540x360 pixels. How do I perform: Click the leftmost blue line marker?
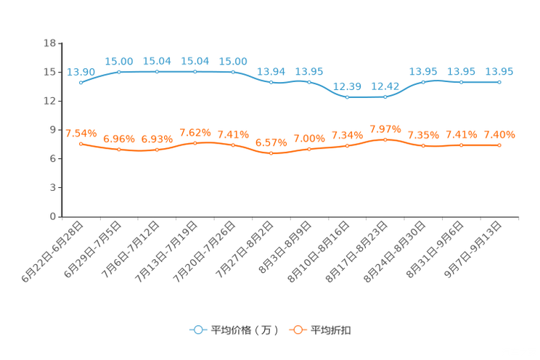(x=81, y=82)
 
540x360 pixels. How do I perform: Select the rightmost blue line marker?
(x=499, y=82)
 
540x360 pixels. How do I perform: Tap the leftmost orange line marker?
(x=81, y=144)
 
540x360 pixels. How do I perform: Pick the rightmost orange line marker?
(x=499, y=145)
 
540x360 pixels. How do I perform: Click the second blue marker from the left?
(x=119, y=71)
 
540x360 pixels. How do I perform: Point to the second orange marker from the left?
(x=119, y=150)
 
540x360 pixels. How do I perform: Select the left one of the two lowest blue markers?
(x=348, y=97)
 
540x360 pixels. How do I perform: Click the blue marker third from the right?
(x=423, y=81)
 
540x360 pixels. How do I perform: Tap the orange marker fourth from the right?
(x=385, y=139)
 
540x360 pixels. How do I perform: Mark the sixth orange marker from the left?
(x=271, y=153)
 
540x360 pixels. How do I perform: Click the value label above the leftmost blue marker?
(x=81, y=71)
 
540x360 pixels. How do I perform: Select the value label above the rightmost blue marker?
(x=499, y=71)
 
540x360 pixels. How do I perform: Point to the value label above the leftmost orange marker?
(x=81, y=133)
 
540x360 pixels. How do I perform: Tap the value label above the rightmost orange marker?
(x=499, y=134)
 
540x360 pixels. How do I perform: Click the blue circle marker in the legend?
(x=197, y=330)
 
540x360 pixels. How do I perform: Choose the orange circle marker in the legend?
(x=297, y=330)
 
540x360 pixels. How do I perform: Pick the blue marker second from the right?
(x=461, y=82)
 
